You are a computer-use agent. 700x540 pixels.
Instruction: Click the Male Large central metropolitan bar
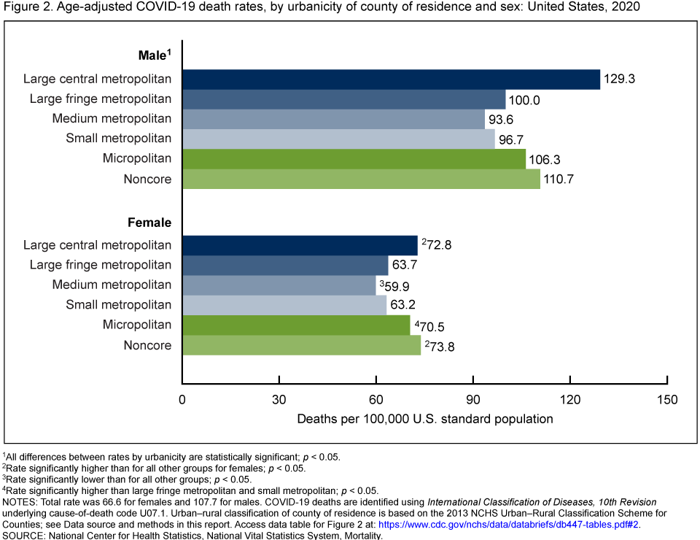coord(391,79)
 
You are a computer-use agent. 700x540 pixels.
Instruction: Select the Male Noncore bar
coord(361,179)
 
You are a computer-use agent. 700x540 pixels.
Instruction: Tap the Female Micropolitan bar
coord(296,325)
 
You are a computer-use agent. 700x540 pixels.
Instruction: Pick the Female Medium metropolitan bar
coord(279,285)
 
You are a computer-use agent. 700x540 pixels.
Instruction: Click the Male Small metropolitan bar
coord(338,139)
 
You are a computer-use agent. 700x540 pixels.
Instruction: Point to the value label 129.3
coord(620,79)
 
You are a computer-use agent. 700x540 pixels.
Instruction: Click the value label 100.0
coord(525,99)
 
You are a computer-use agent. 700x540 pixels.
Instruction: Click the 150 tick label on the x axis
coord(667,399)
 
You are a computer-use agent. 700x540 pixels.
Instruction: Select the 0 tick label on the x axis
coord(182,399)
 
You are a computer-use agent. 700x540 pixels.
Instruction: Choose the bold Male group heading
coord(154,55)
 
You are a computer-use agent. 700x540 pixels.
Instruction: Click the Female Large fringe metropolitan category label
coord(101,265)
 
